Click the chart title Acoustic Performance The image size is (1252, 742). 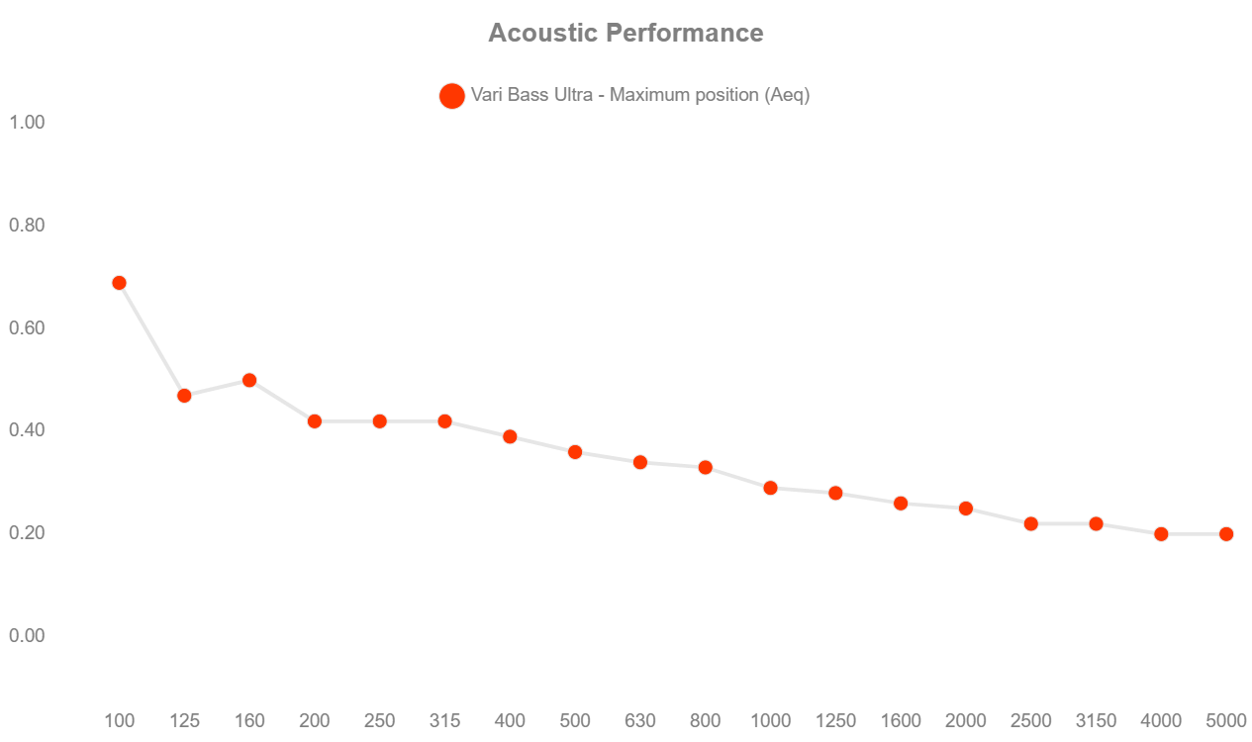[x=626, y=33]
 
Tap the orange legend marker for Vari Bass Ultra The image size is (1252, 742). [x=451, y=96]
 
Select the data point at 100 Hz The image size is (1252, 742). [x=119, y=283]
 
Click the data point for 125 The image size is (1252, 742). [x=184, y=396]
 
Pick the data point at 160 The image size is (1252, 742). [x=249, y=380]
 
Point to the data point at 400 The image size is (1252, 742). [x=510, y=436]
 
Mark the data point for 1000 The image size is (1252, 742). [x=770, y=488]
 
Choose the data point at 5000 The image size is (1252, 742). [x=1225, y=534]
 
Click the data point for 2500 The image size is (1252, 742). [x=1030, y=523]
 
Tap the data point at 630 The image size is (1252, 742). [x=639, y=462]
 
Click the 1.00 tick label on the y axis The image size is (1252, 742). [x=28, y=122]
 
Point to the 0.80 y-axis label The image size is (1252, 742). [x=28, y=225]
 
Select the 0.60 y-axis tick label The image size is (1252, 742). [x=28, y=327]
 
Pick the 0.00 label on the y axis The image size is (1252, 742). [x=28, y=635]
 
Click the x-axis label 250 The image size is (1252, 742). [x=379, y=721]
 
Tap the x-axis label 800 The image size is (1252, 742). [x=705, y=721]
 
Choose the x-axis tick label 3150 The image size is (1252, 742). [x=1096, y=721]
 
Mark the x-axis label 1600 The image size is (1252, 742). [x=901, y=721]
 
